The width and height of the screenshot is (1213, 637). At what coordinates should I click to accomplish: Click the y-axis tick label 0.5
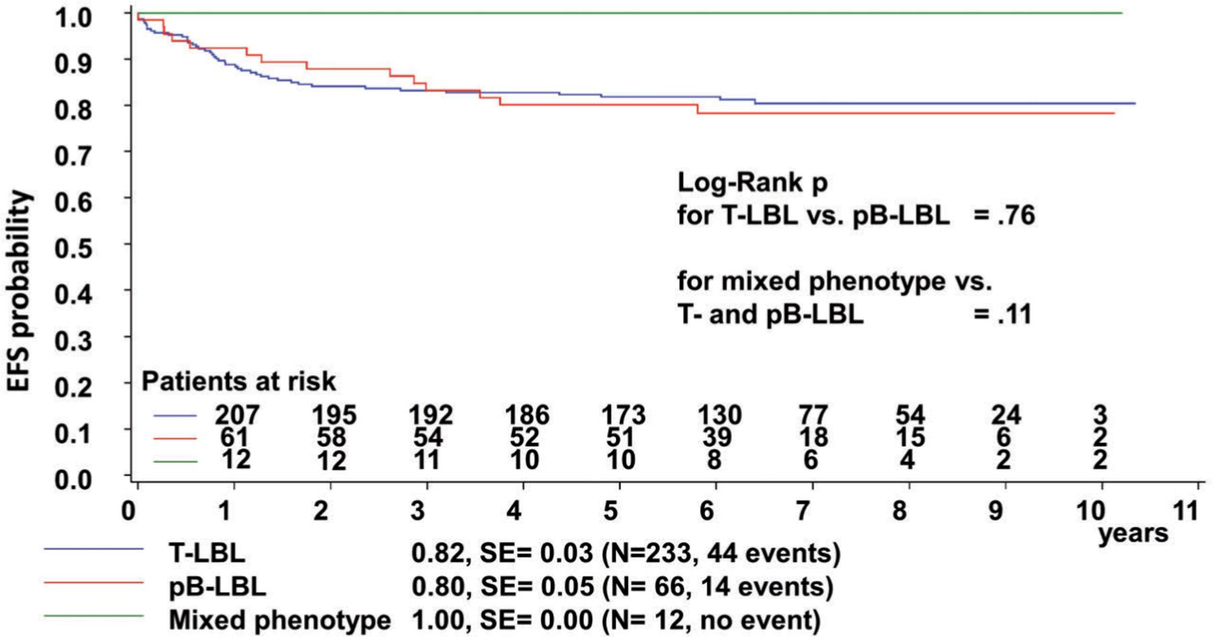(x=73, y=248)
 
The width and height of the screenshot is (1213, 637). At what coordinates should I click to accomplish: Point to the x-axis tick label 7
(x=803, y=510)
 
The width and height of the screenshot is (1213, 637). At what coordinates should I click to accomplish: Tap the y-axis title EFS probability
(x=20, y=291)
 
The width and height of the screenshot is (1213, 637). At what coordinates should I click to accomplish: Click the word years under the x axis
(x=1133, y=534)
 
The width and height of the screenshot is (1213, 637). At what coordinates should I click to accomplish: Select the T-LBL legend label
(x=207, y=553)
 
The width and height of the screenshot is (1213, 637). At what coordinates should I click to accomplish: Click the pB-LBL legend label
(x=217, y=586)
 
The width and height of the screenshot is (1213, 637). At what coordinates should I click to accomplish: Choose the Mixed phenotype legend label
(x=280, y=619)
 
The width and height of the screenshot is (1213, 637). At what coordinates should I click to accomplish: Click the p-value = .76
(x=1004, y=216)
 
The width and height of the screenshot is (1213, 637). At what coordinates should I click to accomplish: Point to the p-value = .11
(x=1003, y=314)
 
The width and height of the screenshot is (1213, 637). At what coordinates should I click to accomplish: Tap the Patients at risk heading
(x=239, y=382)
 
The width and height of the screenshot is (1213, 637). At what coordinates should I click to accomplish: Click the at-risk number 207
(x=237, y=415)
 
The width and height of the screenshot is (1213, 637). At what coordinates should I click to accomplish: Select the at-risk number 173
(x=623, y=415)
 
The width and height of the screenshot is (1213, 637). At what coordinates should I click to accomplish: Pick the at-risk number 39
(x=716, y=437)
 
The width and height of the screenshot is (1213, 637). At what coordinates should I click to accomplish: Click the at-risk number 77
(x=813, y=415)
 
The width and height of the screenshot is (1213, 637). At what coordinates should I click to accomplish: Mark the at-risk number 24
(x=1005, y=415)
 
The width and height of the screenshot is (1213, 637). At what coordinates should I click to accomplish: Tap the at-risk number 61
(x=234, y=437)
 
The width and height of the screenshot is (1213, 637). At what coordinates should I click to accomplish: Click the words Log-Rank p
(x=752, y=183)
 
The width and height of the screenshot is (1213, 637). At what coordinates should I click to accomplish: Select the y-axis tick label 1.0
(x=73, y=17)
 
